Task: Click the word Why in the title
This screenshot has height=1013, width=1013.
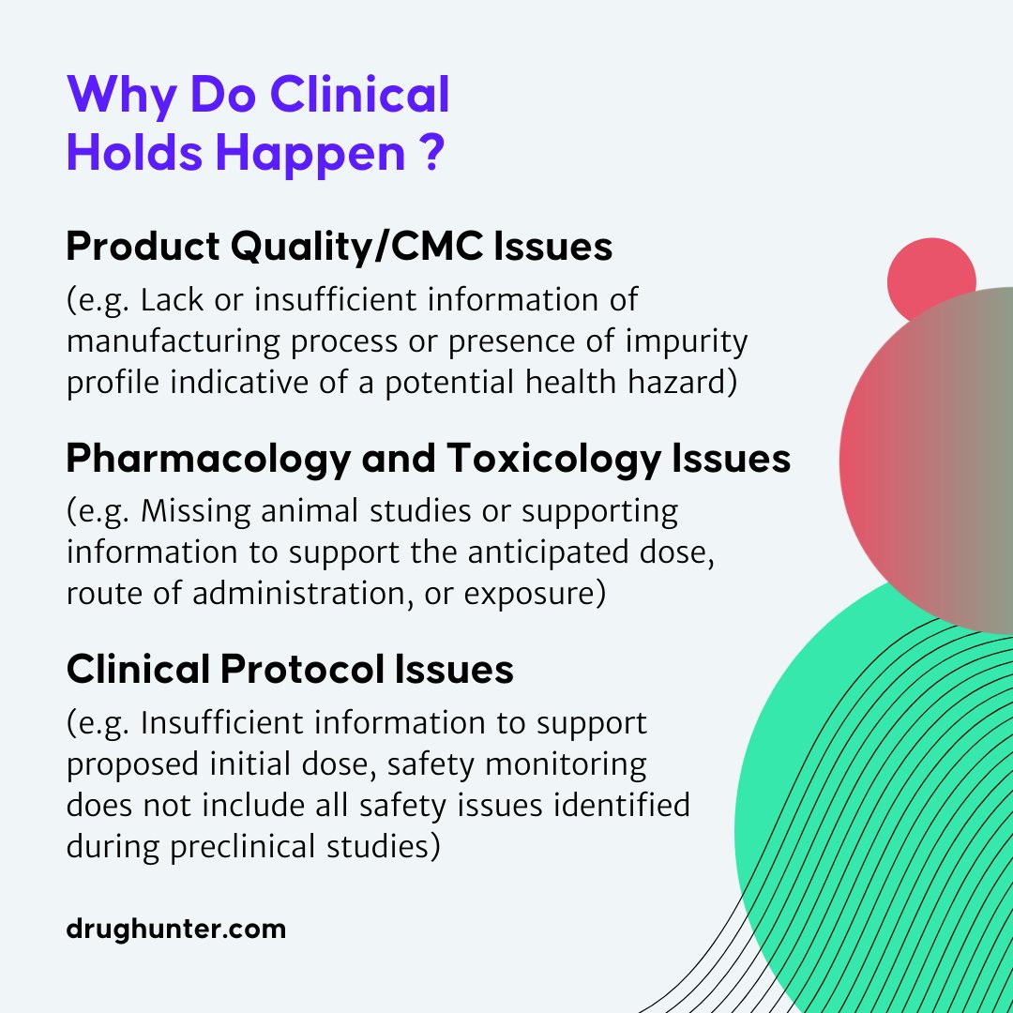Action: click(121, 96)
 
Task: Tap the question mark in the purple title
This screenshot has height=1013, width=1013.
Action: click(431, 153)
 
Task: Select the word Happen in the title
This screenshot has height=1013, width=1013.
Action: click(310, 155)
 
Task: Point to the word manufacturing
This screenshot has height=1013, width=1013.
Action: click(174, 342)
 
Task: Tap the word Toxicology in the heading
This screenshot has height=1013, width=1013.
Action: click(553, 460)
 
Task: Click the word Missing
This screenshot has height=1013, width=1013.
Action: click(196, 512)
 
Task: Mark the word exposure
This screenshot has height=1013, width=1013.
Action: click(535, 595)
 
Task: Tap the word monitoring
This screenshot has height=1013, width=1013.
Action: click(566, 765)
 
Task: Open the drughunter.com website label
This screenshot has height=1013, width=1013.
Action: click(175, 930)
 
